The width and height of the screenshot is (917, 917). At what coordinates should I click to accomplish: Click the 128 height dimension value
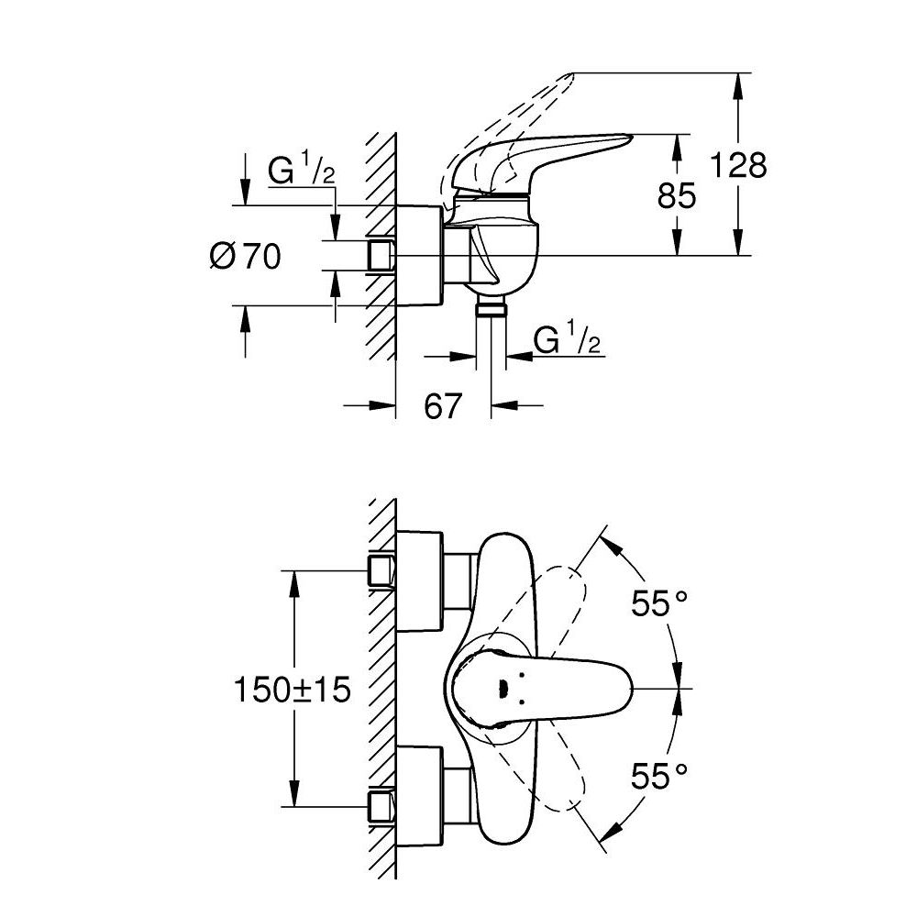(x=738, y=166)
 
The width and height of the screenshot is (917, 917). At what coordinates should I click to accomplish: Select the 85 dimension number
(x=678, y=195)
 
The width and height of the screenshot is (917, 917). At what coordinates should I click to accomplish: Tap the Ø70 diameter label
(x=245, y=258)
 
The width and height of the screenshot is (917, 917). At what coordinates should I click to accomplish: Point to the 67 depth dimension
(x=443, y=404)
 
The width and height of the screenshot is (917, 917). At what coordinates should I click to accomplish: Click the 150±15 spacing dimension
(x=292, y=689)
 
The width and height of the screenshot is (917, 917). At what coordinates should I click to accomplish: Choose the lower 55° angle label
(x=658, y=778)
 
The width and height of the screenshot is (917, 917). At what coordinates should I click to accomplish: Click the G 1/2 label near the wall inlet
(x=300, y=171)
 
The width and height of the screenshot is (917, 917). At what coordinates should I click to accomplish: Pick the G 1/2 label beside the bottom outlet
(x=567, y=340)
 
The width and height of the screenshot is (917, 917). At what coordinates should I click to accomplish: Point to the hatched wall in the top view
(x=381, y=688)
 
